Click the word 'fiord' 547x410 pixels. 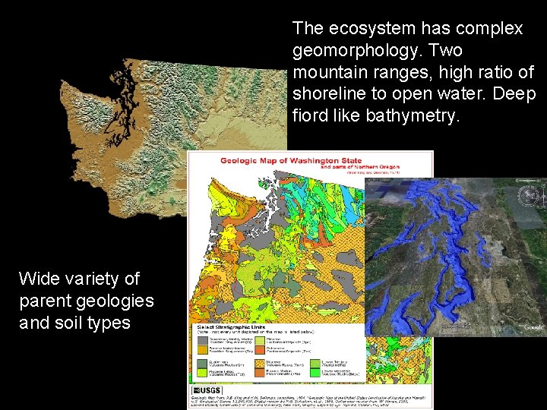pyautogui.click(x=310, y=117)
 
